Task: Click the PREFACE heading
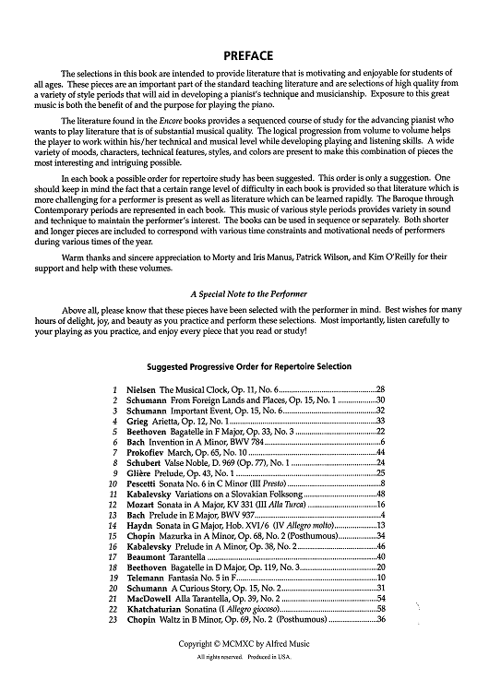click(x=244, y=54)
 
